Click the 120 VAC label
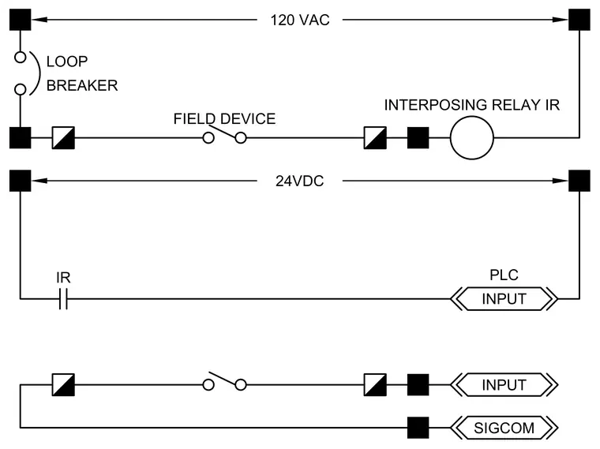[x=300, y=20]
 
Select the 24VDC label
[x=300, y=181]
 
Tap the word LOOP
[x=67, y=62]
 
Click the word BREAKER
[x=82, y=85]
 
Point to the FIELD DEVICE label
[x=224, y=119]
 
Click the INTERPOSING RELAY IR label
[x=472, y=105]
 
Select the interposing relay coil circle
[x=472, y=116]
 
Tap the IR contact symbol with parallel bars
[x=63, y=299]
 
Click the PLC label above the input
[x=504, y=275]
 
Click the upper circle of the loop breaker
[x=21, y=52]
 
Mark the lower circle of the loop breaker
[x=21, y=84]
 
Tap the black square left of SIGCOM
[x=418, y=428]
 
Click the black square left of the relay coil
[x=418, y=137]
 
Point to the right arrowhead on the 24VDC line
[x=561, y=181]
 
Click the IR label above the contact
[x=63, y=278]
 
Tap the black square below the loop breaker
[x=21, y=137]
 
